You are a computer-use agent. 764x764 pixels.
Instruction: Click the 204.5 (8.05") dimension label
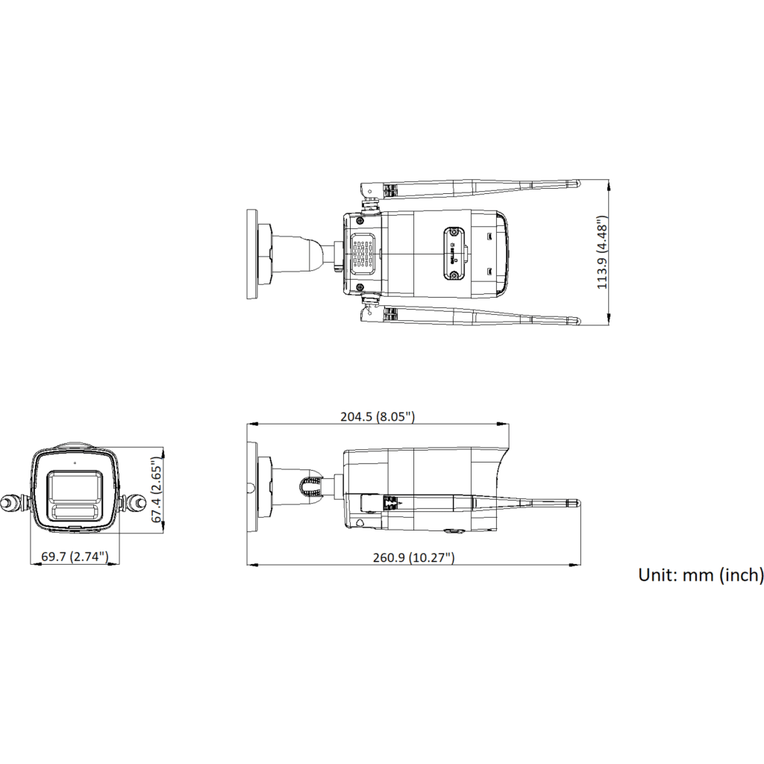pos(378,416)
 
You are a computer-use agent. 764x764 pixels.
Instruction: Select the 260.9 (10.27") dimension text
pos(413,557)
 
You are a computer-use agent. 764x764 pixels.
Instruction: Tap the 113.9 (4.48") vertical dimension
pos(603,252)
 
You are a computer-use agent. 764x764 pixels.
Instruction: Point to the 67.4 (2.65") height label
pos(157,489)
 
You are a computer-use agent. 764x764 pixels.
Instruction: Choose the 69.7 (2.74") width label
pos(75,557)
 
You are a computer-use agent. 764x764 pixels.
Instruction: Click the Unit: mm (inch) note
pos(701,575)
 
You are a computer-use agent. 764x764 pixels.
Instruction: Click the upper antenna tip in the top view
pos(578,184)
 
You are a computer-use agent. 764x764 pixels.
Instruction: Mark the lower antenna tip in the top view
pos(578,321)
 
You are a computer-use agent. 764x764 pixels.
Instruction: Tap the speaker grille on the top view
pos(363,251)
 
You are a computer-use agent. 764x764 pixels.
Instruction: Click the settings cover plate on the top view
pos(454,254)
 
